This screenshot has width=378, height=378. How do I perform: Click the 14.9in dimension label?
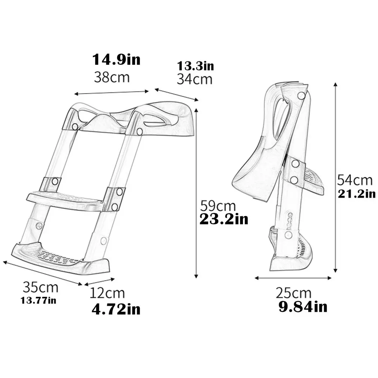pyautogui.click(x=116, y=59)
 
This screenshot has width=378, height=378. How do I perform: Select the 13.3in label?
pyautogui.click(x=195, y=66)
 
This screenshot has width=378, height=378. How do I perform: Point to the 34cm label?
pyautogui.click(x=194, y=79)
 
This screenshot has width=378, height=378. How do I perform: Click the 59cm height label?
pyautogui.click(x=218, y=205)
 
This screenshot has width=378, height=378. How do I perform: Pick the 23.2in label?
pyautogui.click(x=223, y=219)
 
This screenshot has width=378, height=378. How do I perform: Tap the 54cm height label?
pyautogui.click(x=355, y=180)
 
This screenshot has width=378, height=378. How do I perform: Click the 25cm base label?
pyautogui.click(x=293, y=293)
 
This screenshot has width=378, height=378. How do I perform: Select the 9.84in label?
pyautogui.click(x=303, y=307)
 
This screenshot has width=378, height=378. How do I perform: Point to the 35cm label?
pyautogui.click(x=40, y=287)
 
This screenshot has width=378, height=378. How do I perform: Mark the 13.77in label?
pyautogui.click(x=39, y=300)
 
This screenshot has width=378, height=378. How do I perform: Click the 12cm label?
pyautogui.click(x=107, y=293)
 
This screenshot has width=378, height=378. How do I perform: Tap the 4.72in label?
pyautogui.click(x=116, y=309)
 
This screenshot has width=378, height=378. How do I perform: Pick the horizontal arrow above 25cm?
pyautogui.click(x=293, y=278)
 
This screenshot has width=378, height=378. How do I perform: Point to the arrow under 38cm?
pyautogui.click(x=112, y=92)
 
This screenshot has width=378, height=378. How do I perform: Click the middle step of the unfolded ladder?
pyautogui.click(x=65, y=200)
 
